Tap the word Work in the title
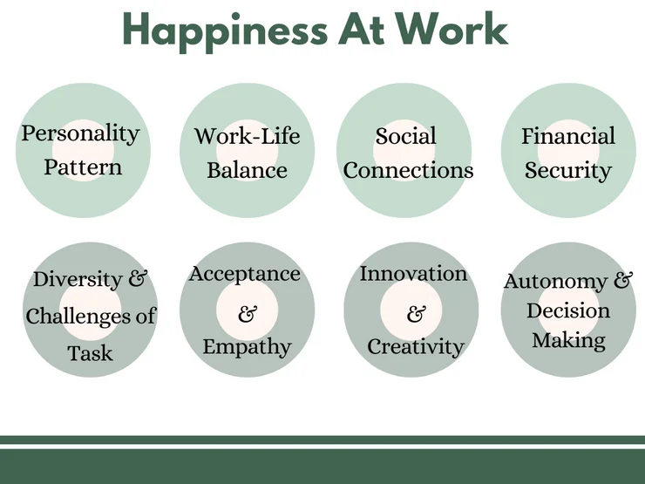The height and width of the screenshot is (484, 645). (x=452, y=29)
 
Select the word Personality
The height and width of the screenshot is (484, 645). (x=80, y=133)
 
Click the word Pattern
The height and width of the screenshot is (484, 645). (x=83, y=167)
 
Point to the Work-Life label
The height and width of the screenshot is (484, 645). (x=247, y=136)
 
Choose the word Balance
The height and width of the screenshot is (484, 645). (x=247, y=170)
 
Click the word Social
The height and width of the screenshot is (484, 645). (x=405, y=136)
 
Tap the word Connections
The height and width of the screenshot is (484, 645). (x=408, y=170)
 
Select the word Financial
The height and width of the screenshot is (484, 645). (x=568, y=136)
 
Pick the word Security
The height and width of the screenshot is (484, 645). (x=568, y=171)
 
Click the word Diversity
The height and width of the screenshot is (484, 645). (x=78, y=279)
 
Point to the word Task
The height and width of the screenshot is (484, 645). (x=90, y=353)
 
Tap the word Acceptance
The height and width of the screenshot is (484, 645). (x=245, y=274)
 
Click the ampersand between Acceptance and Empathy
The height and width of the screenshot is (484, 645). (x=248, y=314)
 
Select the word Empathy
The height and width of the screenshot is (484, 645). (x=247, y=347)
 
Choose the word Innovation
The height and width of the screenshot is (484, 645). (x=413, y=274)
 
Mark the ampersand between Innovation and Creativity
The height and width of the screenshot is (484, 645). (x=416, y=315)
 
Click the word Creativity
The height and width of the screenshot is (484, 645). (x=416, y=347)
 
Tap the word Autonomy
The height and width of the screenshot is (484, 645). (x=555, y=282)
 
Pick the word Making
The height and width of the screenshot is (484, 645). (x=568, y=341)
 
